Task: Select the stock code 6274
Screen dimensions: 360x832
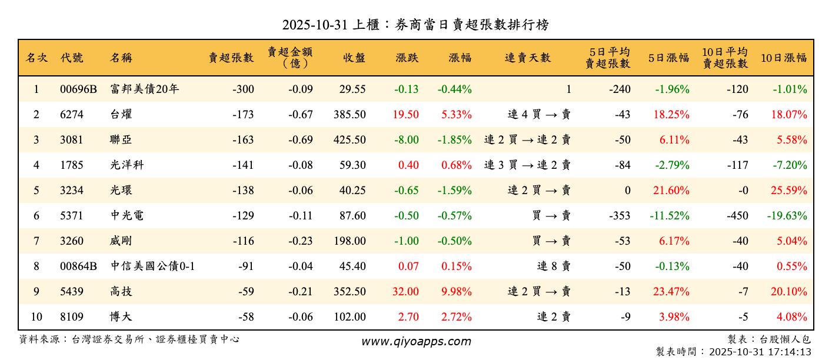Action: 72,115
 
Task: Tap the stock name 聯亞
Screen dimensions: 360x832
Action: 121,140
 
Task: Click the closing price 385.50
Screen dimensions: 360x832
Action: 350,115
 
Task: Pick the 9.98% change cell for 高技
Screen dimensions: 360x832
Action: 457,292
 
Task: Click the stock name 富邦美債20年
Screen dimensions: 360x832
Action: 144,89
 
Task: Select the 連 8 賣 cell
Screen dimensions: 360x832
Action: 554,266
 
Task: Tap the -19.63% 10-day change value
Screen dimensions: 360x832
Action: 787,216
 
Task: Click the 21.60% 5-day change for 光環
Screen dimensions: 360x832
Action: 671,191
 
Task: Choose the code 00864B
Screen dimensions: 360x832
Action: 78,266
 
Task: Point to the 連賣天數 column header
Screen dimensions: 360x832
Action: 528,58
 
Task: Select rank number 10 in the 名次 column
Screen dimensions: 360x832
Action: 36,317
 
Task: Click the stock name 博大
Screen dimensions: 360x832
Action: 121,317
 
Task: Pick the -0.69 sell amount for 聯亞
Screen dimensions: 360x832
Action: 300,140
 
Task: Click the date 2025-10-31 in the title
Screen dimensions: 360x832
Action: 314,25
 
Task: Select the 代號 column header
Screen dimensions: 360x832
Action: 72,58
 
